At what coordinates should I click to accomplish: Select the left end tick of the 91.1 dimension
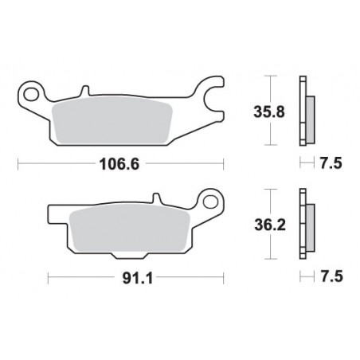pyautogui.click(x=49, y=279)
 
